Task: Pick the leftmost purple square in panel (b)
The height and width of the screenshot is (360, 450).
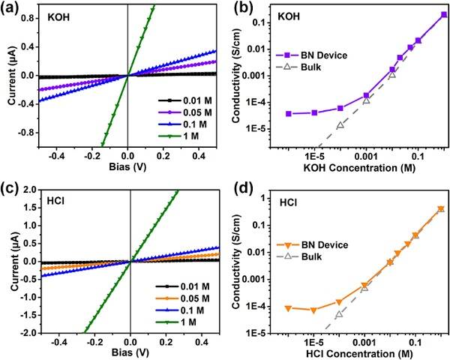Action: (289, 114)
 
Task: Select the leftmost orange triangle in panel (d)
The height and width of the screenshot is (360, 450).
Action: (289, 308)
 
